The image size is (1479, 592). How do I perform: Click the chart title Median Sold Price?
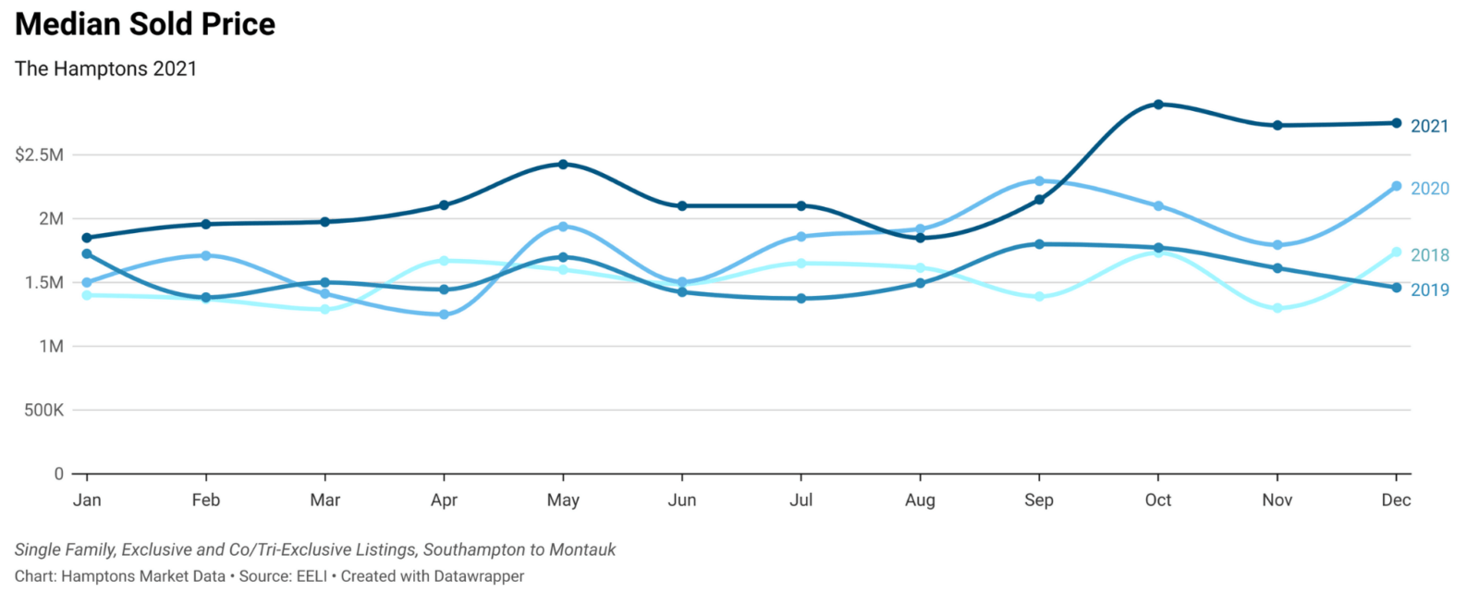145,24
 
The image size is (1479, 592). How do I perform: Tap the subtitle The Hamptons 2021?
105,68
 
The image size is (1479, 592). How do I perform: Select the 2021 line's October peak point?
1158,105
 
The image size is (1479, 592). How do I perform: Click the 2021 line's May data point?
563,165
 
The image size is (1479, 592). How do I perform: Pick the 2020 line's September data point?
1039,181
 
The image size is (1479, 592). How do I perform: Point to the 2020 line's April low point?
444,314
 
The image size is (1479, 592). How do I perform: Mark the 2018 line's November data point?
1277,308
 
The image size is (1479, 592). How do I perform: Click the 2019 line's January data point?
87,253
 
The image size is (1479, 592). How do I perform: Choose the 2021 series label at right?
1429,126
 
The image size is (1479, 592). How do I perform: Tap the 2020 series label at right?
1429,189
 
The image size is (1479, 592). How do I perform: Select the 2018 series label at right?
1429,255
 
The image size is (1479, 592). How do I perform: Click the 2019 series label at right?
1429,290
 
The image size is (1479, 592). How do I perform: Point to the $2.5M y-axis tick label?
40,154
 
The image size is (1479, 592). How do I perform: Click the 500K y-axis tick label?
44,410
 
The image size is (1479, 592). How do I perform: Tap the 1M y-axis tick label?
51,346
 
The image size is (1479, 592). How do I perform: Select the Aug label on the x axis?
920,500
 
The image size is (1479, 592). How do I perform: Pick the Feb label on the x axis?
206,500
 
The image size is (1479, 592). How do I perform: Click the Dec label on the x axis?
1395,500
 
